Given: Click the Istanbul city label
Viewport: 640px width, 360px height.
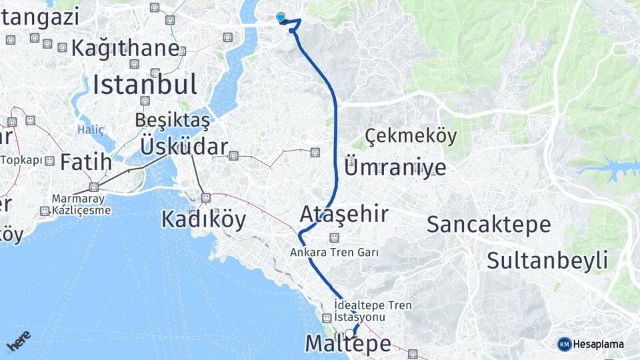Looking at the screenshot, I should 145,85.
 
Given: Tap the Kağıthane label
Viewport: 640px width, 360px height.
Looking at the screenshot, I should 125,48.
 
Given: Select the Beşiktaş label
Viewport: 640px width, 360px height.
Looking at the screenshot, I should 172,120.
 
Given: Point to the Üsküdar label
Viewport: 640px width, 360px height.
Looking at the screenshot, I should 184,146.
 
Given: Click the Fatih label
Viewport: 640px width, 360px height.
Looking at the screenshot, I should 86,161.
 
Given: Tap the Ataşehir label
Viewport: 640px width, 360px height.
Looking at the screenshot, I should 344,214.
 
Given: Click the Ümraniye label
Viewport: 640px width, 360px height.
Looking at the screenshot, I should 395,167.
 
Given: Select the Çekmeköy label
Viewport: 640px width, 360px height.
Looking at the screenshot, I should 411,136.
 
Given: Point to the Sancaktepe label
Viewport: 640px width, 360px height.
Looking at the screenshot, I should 489,224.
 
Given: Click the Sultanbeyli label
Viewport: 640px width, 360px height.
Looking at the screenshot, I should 547,260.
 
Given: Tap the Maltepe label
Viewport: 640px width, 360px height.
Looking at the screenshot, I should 348,344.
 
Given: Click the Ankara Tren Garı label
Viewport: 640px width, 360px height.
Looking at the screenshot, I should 334,253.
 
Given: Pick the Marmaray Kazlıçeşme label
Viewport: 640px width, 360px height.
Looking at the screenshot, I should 83,205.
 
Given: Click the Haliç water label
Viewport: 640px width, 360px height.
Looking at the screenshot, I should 91,129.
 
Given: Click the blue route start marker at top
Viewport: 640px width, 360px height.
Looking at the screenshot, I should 281,17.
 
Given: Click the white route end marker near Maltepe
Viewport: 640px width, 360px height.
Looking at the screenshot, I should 349,333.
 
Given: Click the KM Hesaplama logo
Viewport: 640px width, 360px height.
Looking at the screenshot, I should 591,344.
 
